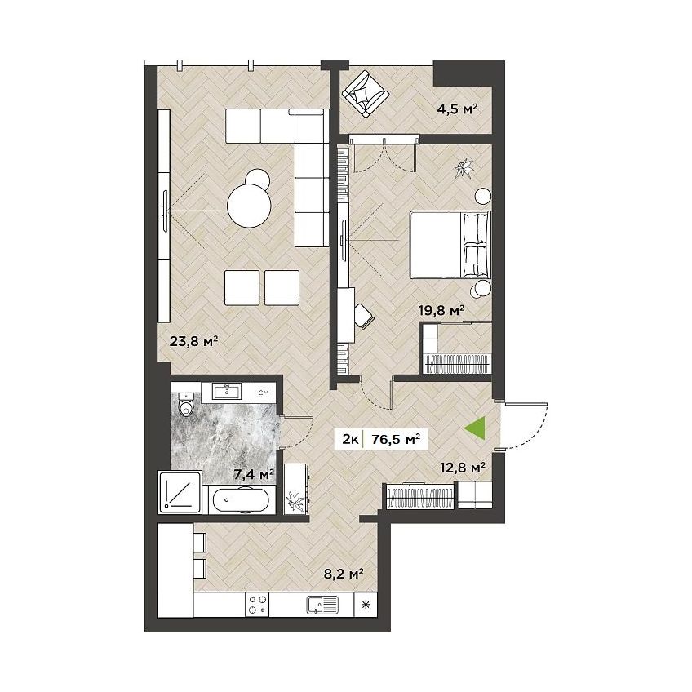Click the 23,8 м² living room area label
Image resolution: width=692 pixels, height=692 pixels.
pos(194,341)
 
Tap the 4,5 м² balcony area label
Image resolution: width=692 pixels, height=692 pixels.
pos(457,109)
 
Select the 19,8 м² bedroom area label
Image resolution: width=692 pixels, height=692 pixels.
pos(441,310)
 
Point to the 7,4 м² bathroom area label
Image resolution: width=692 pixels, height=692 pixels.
pos(254,474)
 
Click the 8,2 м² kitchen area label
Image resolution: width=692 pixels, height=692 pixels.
pos(344,573)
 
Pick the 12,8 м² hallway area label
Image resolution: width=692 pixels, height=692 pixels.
pos(463,467)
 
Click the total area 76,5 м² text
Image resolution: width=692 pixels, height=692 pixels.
pos(396,439)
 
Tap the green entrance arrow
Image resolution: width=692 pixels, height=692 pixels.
pos(475,428)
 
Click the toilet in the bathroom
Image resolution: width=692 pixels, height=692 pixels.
pos(186,404)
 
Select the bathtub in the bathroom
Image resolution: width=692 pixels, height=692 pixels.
pos(241,500)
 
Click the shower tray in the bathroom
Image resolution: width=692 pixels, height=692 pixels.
pos(180,492)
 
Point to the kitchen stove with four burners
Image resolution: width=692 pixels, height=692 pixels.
pos(257,605)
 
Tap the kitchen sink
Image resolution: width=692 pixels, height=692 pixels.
pos(322,605)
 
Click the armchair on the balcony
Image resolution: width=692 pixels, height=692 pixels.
pos(366,93)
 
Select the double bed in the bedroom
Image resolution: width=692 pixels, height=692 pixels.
pos(450,245)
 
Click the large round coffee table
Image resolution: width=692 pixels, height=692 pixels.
pos(249,205)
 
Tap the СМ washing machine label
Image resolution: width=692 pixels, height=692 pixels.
pos(264,393)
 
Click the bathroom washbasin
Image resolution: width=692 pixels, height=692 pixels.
pos(226,392)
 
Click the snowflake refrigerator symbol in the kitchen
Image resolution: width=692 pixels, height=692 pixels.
pos(366,605)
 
